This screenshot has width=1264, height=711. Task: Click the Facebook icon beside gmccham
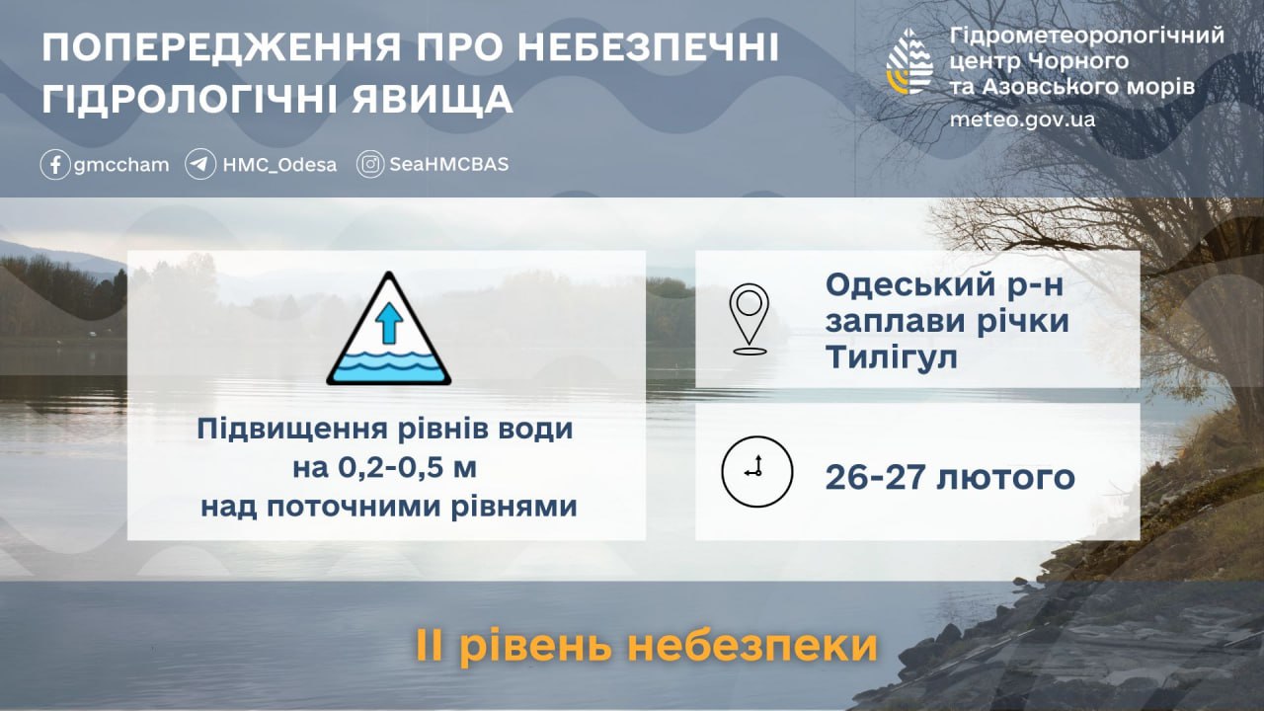[55, 164]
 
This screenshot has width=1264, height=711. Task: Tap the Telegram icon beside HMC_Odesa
[200, 164]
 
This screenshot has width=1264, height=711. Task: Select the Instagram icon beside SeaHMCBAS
[370, 164]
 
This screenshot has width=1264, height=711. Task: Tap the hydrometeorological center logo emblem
[910, 61]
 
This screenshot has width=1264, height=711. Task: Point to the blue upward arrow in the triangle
[389, 322]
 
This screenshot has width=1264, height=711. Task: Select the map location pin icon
[750, 319]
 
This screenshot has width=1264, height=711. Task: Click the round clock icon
[756, 471]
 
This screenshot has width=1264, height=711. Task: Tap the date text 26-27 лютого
[950, 478]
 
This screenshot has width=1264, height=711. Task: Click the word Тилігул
[892, 357]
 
